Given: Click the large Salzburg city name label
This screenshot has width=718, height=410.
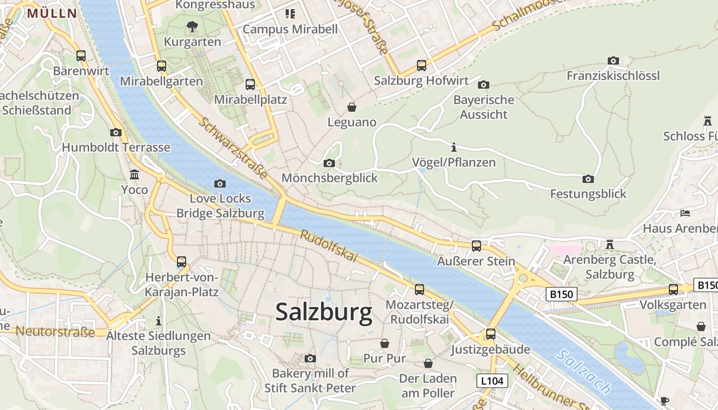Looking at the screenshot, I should pos(324,312).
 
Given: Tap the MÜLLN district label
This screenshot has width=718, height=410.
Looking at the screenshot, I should pos(52,13).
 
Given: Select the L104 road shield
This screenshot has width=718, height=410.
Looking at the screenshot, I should pos(492,381).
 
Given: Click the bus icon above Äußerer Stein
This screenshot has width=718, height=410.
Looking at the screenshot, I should pos(476,245).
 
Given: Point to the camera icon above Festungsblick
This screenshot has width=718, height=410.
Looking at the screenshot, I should pos(588,179).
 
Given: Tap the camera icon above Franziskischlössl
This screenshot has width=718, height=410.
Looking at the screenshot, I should pos(613,60).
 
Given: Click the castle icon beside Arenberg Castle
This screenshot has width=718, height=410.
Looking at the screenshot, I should pos(609,244).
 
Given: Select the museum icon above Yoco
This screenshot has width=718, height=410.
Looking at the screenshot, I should pos(134,174).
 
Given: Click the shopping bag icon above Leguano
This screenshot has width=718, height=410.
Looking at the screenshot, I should pos(352,107).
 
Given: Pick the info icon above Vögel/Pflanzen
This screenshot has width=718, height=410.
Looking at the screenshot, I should pos(453,148).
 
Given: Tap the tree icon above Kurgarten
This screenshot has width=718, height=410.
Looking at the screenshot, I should pos(192,26).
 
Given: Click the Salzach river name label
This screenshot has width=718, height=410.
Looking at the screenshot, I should pos(585,372).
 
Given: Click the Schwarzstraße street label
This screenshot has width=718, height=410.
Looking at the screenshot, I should pos(233,148).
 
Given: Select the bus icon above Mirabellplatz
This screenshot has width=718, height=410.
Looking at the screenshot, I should pos(250,85).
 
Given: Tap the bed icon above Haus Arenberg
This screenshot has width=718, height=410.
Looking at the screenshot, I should pos(685,213).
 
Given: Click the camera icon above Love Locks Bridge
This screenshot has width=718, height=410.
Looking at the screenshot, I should pos(220,183).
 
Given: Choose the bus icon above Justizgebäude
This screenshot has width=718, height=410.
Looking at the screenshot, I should pos(491,334).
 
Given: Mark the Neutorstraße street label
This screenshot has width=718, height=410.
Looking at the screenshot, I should pos(55,332).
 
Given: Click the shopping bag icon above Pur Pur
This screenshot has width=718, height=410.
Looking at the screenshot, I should pos(385,343).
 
